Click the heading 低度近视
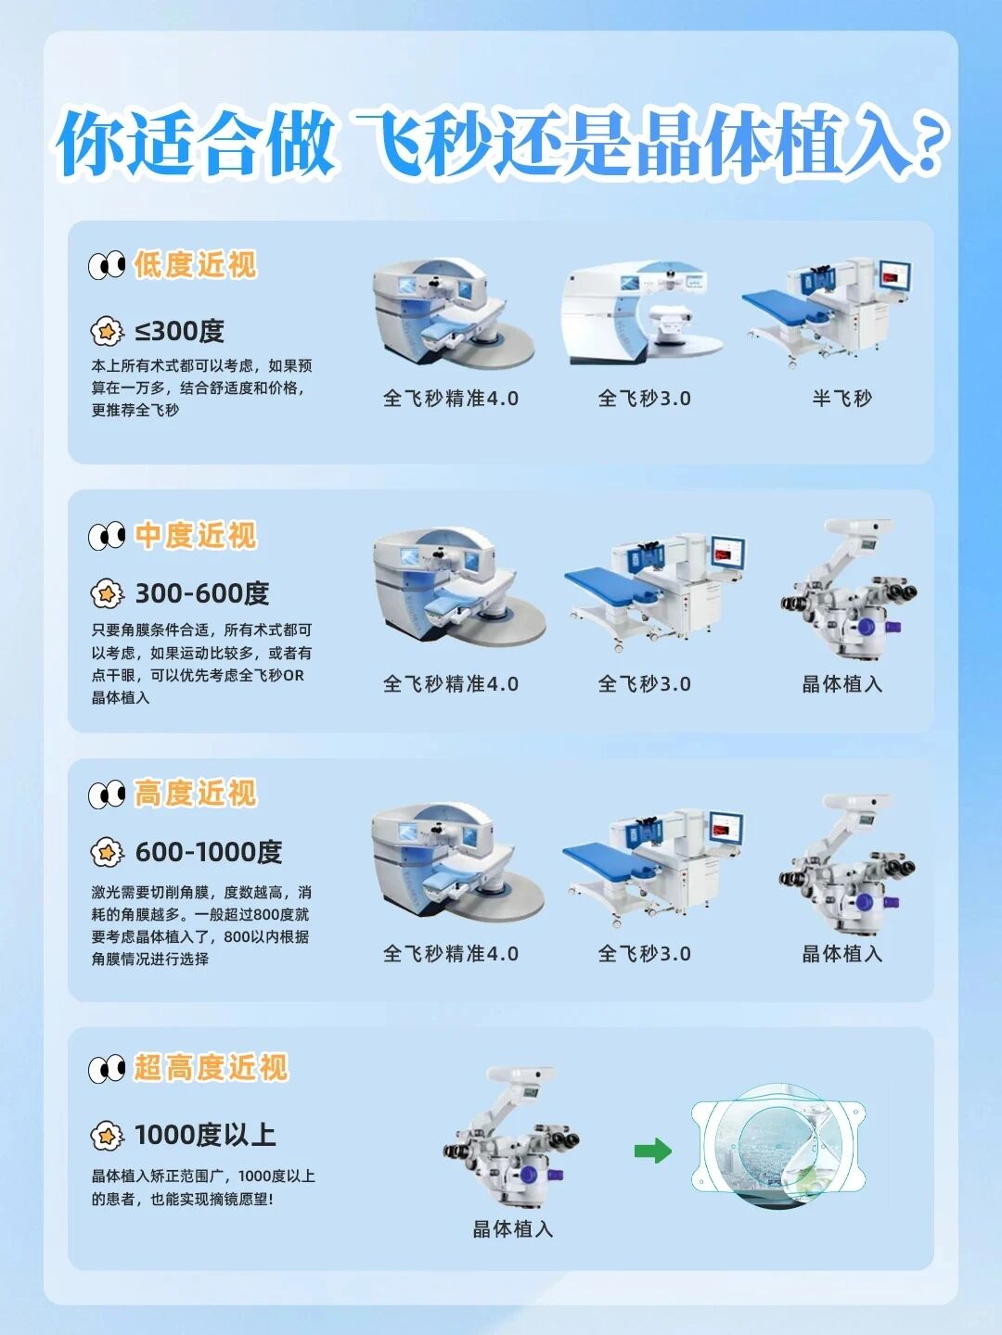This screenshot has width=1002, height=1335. pos(195,265)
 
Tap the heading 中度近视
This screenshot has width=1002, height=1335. pos(195,536)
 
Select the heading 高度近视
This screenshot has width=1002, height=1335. pos(195,794)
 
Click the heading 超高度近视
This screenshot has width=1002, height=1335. pos(211,1068)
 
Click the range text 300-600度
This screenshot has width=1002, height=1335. pos(202,593)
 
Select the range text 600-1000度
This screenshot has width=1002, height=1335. pos(209,852)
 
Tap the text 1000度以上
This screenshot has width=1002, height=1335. pos(205,1135)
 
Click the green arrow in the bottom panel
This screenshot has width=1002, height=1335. pos(653,1151)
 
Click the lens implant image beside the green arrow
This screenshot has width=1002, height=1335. pos(779,1146)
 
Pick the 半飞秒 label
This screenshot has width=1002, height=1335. pos(841,399)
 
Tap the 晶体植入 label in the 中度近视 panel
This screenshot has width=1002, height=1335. pos(841,684)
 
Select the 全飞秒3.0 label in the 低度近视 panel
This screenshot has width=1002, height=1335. pos(644,399)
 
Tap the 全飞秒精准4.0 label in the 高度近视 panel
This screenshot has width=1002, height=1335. pos(451,954)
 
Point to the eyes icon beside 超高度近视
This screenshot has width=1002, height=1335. pos(107,1070)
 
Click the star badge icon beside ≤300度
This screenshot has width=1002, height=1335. pos(107,331)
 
